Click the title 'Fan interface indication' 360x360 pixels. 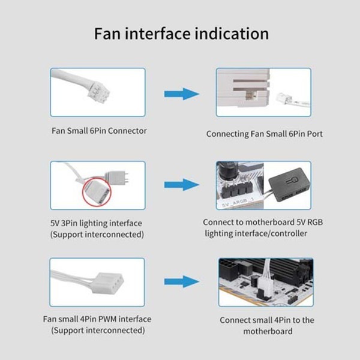pyautogui.click(x=181, y=33)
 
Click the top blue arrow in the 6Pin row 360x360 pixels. pyautogui.click(x=181, y=94)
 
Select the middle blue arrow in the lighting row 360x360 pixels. pyautogui.click(x=181, y=185)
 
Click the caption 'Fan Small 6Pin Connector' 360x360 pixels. pyautogui.click(x=98, y=131)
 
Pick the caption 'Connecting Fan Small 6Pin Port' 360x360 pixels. pyautogui.click(x=265, y=134)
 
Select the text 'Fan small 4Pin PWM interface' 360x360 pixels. pyautogui.click(x=97, y=319)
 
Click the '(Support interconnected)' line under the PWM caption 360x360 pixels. pyautogui.click(x=97, y=331)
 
